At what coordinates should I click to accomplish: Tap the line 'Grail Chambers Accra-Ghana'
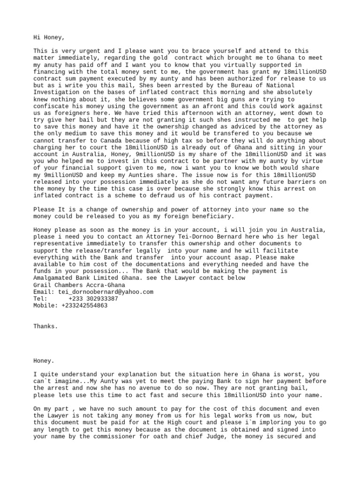[79, 285]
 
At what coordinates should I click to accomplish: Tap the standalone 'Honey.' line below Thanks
[44, 361]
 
